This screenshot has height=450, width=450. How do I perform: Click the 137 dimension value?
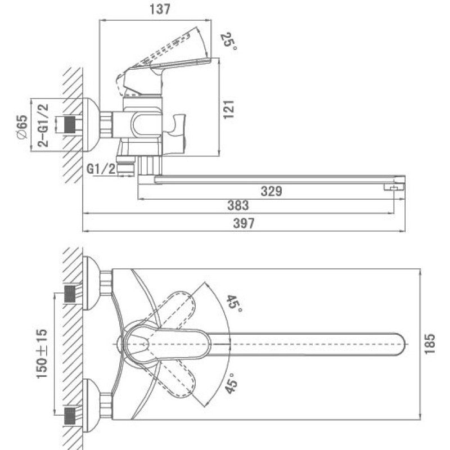click(160, 9)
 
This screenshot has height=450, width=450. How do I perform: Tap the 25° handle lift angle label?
click(229, 42)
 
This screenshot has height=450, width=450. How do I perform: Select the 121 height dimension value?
click(229, 109)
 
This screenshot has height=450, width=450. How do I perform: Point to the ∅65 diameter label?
click(22, 127)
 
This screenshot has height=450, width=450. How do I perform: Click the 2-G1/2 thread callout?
click(43, 125)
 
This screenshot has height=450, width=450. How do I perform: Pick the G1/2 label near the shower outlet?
click(101, 169)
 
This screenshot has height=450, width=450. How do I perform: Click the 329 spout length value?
click(271, 191)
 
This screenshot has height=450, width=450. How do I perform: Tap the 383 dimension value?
click(238, 205)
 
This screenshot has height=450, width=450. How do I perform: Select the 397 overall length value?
click(244, 223)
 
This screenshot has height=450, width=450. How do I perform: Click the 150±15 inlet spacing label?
click(42, 354)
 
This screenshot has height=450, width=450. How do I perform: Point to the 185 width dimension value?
click(430, 344)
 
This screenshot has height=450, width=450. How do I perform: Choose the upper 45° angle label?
click(235, 304)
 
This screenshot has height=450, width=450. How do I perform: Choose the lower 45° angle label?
click(231, 383)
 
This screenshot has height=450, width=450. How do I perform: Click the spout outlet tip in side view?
click(394, 187)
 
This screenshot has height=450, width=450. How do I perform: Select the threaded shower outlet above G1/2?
click(125, 164)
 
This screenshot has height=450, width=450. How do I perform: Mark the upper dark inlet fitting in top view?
click(70, 294)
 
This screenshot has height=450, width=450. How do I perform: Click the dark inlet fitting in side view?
click(70, 125)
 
